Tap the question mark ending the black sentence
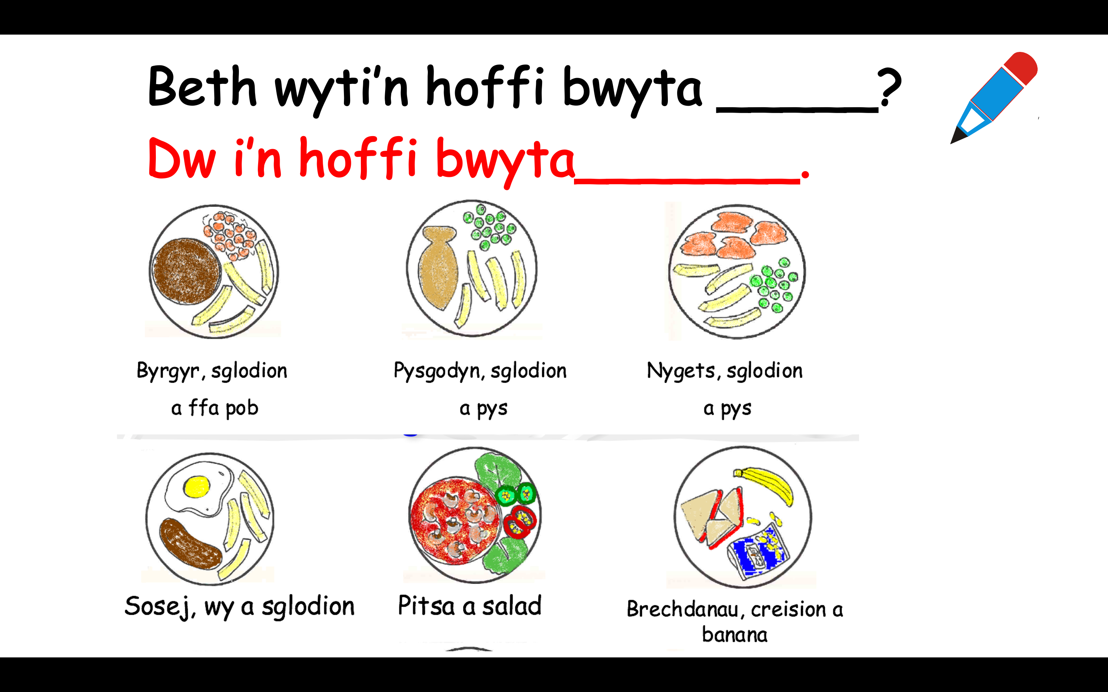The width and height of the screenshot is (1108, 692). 889,87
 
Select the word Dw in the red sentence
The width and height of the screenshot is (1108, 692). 182,158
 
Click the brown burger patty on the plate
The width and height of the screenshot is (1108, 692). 187,271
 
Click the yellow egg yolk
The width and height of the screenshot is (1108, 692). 197,487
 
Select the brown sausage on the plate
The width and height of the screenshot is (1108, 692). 190,544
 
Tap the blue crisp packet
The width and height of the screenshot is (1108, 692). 758,552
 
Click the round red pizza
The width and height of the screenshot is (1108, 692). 455,520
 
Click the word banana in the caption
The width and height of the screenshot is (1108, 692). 734,635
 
